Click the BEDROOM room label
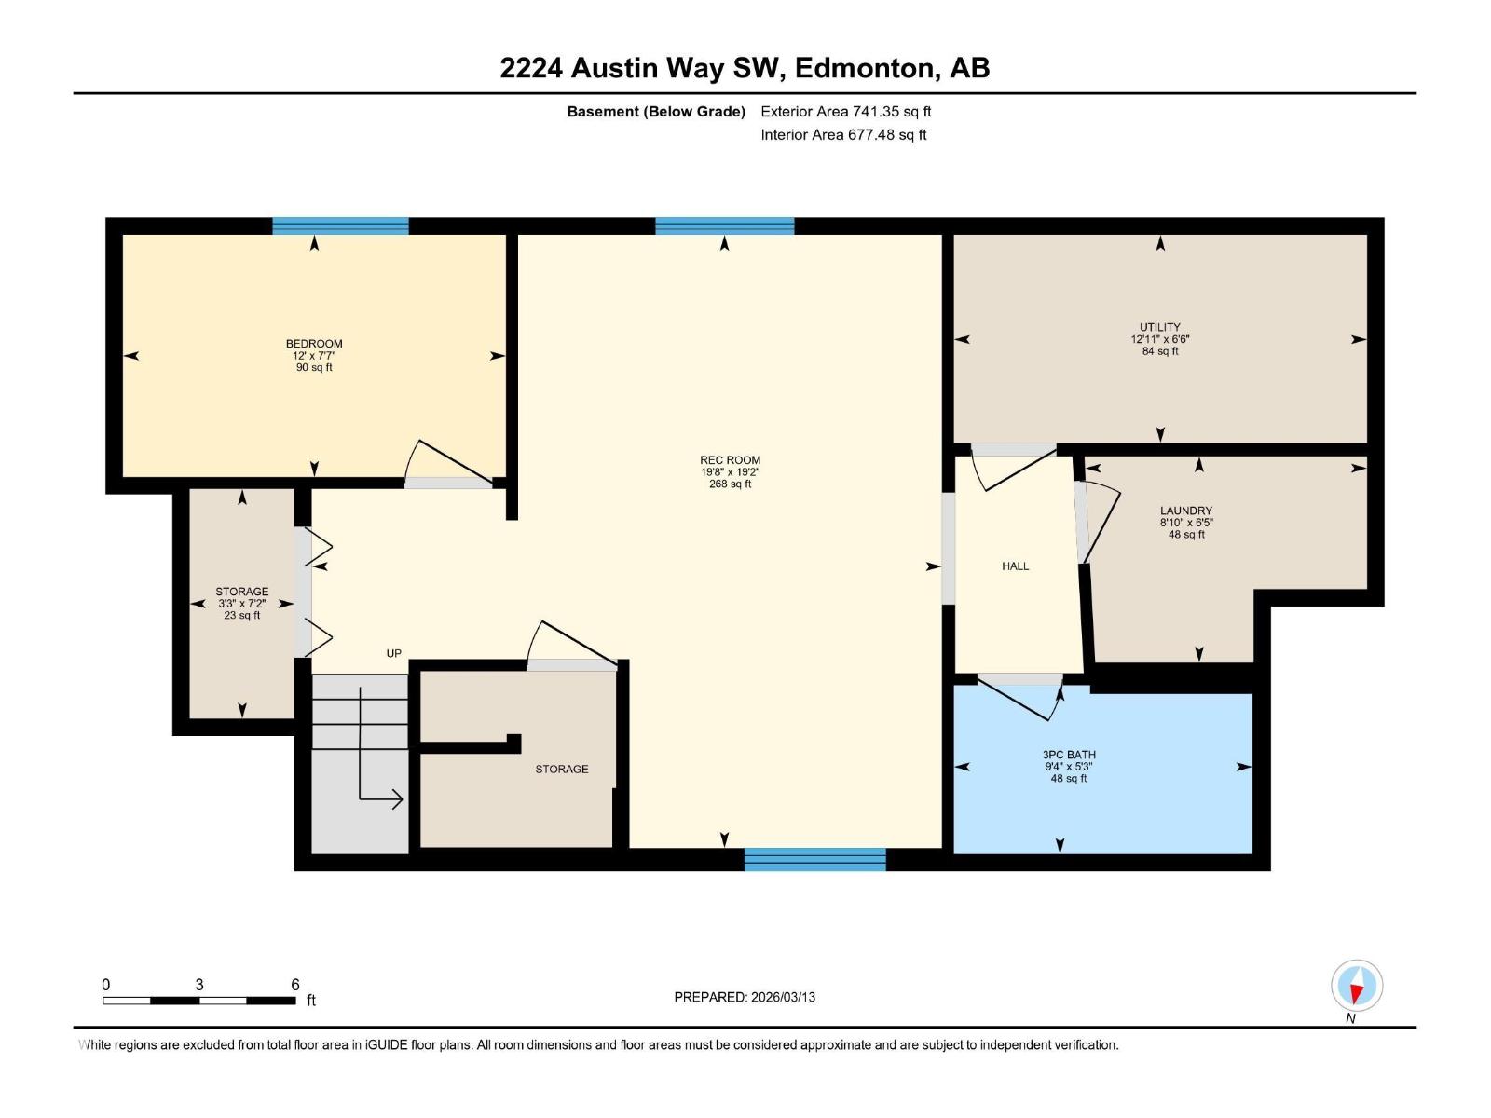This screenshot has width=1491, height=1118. coord(314,344)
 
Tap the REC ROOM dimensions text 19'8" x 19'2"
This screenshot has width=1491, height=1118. coord(730,472)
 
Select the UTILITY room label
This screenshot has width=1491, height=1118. coord(1160,327)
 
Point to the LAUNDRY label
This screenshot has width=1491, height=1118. coord(1185,511)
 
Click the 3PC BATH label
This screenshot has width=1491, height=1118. coord(1069,755)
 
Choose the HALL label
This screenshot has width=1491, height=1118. coord(1015,566)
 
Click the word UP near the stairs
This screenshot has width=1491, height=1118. coord(394,653)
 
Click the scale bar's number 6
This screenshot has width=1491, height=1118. coord(295,985)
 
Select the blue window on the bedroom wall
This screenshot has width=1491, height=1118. coord(340,225)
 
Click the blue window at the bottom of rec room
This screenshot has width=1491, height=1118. coord(814,859)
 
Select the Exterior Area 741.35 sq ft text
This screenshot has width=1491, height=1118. coord(845,112)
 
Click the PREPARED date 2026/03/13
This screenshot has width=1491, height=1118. coord(783,997)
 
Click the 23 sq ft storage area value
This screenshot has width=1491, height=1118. coord(242,616)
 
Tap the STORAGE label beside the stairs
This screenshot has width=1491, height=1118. coord(561,769)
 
